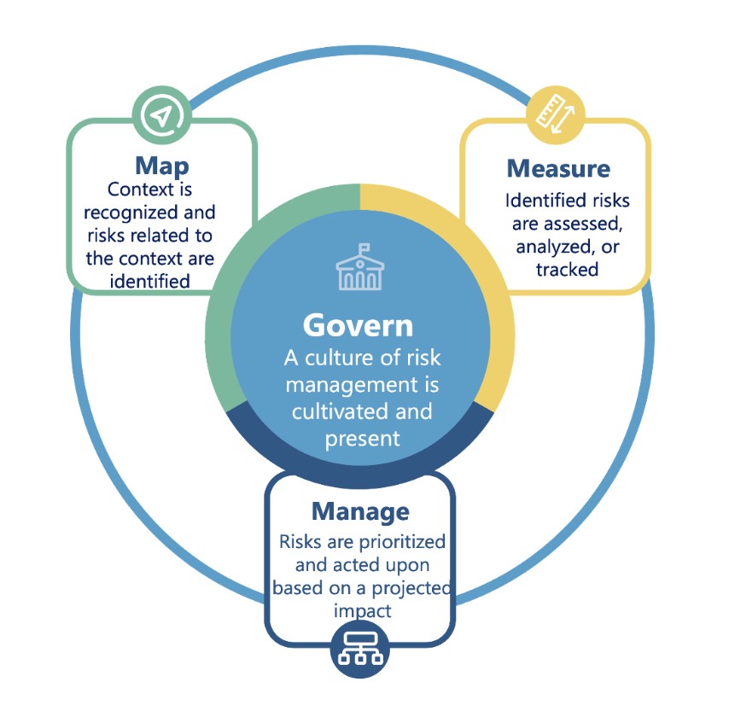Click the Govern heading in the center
click(x=359, y=325)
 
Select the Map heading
click(x=161, y=165)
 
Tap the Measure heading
click(x=558, y=168)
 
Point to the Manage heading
click(x=360, y=511)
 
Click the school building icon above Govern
click(x=358, y=268)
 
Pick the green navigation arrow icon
click(x=160, y=114)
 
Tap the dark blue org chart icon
click(x=359, y=651)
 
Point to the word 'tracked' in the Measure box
click(x=568, y=269)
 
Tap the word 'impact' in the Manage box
click(x=362, y=611)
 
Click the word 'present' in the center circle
click(x=362, y=439)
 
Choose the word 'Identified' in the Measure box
click(x=539, y=201)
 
